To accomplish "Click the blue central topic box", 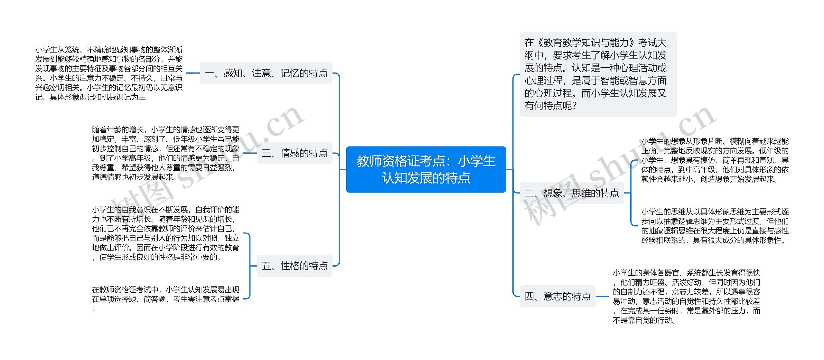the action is (426, 169).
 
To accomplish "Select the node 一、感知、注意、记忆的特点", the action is (266, 73).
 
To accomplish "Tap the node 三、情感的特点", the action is (295, 153).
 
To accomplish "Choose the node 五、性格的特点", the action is (295, 266).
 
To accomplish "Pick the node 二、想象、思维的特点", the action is (572, 193).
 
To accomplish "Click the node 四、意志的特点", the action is (557, 296).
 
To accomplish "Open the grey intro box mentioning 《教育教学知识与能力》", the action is (598, 74).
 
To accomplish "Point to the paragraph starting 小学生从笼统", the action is (109, 73).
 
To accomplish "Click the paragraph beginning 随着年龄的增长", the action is (166, 153).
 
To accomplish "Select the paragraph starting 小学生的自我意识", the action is (166, 233).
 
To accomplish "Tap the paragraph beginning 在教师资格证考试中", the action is (166, 298).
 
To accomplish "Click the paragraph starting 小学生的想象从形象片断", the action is (715, 160).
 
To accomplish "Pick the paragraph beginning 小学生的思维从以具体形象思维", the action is (715, 226).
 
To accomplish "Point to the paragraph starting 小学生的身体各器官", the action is (686, 296).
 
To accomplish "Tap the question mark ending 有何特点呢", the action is (573, 106).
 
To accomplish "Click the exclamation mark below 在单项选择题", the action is (94, 308).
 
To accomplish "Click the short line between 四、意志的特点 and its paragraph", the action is (602, 296).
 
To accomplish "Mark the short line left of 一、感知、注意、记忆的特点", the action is (193, 73).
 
